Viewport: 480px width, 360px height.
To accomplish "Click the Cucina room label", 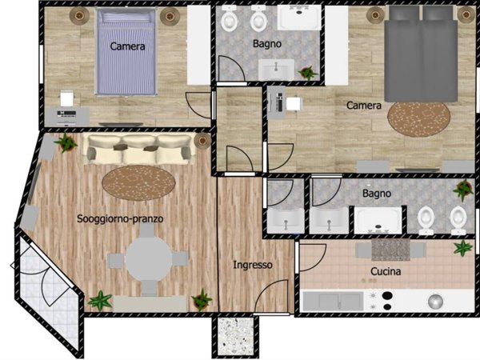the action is pos(386,271).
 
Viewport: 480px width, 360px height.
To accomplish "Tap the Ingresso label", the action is pos(253,265).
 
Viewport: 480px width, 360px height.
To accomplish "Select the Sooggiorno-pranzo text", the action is pos(120,219).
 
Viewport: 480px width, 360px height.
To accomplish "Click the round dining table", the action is pos(149,259).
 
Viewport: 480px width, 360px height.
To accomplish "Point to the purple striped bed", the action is pos(126,51).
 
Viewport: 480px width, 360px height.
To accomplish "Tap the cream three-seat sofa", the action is pos(139,149).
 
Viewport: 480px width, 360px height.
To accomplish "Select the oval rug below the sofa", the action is pos(138,182).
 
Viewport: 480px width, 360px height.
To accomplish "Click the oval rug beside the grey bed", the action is pos(418,119).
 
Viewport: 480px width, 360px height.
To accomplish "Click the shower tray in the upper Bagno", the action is pos(298,18).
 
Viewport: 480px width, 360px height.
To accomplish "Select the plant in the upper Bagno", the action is pos(308,73).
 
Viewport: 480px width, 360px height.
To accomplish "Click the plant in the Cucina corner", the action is pos(463,248).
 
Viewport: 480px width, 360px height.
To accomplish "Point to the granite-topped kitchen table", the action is pos(390,250).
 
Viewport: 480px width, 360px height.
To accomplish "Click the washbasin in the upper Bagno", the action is pos(277,70).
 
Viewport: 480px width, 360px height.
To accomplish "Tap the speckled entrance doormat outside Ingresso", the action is pos(235,337).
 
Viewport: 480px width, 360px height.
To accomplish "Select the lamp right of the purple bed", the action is pos(170,16).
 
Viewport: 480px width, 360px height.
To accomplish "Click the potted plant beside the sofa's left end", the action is pos(66,142).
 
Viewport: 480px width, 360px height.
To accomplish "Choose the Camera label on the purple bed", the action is pos(127,46).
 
